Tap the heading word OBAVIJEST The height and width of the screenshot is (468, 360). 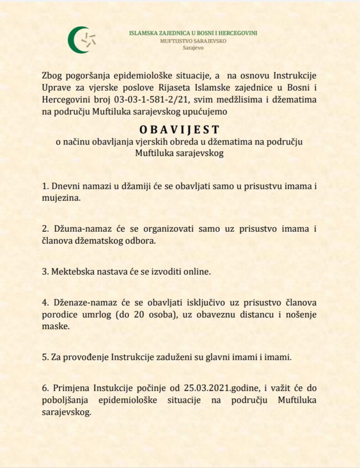coord(180,130)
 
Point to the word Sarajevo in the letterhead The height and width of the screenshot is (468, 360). coord(193,48)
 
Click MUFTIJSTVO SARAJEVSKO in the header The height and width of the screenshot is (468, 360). coord(193,41)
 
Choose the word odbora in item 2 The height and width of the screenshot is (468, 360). coord(142,241)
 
